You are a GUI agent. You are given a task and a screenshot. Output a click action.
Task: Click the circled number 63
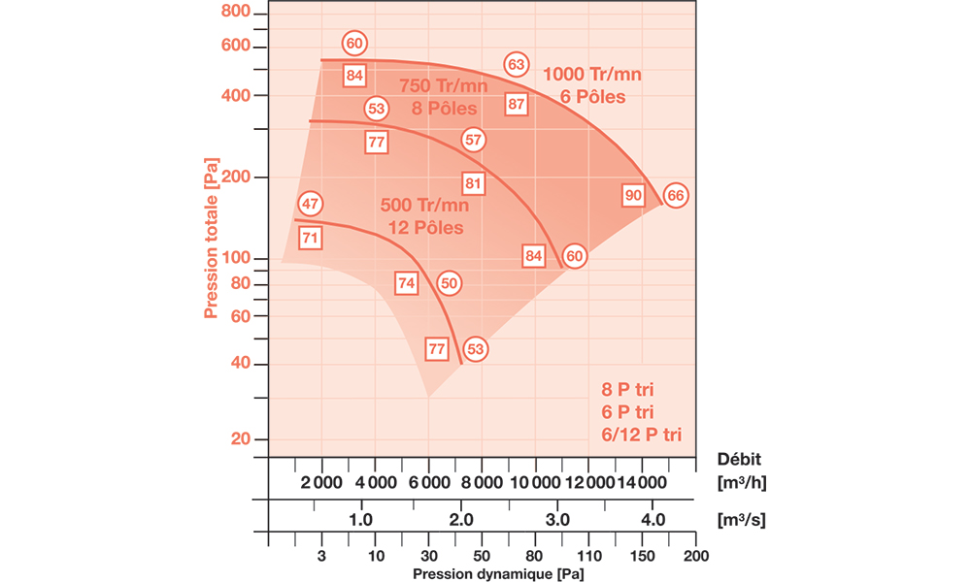tap(517, 65)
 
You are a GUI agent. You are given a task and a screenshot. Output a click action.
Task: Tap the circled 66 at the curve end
tap(677, 195)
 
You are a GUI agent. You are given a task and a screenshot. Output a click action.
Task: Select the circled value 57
tap(473, 140)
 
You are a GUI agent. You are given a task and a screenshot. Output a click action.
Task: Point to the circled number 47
tap(310, 205)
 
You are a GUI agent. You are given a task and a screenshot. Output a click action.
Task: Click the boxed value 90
tap(633, 196)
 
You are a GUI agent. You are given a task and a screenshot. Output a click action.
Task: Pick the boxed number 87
tap(517, 104)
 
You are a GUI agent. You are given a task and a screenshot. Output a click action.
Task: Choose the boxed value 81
tap(473, 182)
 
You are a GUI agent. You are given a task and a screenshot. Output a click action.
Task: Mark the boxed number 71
tap(310, 237)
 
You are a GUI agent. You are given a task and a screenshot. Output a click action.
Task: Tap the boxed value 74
tap(407, 283)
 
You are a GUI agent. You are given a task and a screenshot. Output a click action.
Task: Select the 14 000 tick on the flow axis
tap(641, 483)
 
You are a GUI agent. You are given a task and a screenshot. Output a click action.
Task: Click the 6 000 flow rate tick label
tap(428, 483)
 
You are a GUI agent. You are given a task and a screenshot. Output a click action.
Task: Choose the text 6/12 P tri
tap(642, 435)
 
